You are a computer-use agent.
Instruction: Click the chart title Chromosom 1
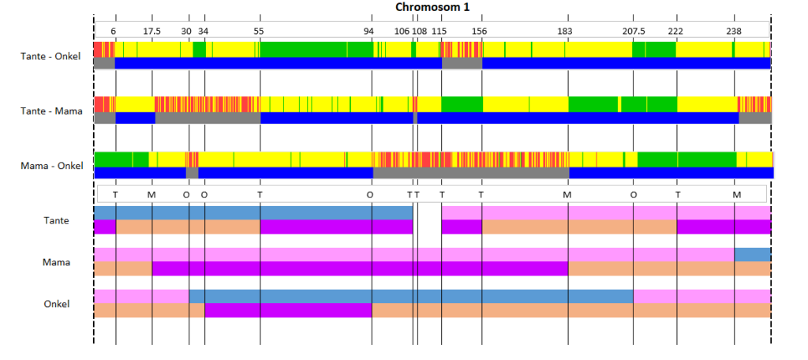(432, 6)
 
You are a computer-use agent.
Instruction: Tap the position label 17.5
(151, 31)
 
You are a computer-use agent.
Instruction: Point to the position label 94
(368, 31)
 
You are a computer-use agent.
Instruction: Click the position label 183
(565, 31)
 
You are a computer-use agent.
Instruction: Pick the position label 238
(734, 31)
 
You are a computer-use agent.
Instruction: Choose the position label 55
(259, 31)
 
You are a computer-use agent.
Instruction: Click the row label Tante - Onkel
(50, 56)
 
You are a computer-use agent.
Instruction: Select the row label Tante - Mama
(51, 111)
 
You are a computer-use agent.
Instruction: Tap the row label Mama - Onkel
(51, 166)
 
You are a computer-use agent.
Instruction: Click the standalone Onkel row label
(57, 304)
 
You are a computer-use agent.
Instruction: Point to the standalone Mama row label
(57, 262)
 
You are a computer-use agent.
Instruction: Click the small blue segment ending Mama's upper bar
(752, 255)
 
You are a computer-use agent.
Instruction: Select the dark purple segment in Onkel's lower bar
(288, 310)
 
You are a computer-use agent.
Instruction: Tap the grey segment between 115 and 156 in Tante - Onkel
(462, 63)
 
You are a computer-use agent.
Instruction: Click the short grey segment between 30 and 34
(193, 173)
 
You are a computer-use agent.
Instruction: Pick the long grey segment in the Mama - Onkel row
(471, 173)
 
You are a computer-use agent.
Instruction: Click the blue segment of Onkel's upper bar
(411, 297)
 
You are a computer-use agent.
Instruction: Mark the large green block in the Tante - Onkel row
(316, 50)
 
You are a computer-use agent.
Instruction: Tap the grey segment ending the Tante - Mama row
(755, 118)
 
